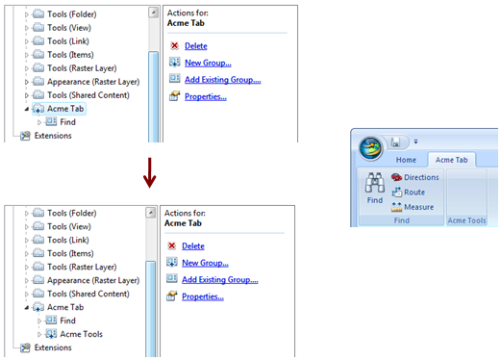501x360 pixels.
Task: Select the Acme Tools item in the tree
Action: pyautogui.click(x=82, y=334)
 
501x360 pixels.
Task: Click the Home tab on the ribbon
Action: pyautogui.click(x=406, y=160)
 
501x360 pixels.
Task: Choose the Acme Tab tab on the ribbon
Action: pyautogui.click(x=451, y=160)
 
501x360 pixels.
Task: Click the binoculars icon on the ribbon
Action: pyautogui.click(x=374, y=183)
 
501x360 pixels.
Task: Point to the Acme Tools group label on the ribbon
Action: pyautogui.click(x=467, y=220)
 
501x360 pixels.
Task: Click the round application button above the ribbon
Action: pyautogui.click(x=370, y=147)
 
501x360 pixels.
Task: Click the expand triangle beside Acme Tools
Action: pyautogui.click(x=38, y=334)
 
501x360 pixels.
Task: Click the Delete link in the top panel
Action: pyautogui.click(x=195, y=45)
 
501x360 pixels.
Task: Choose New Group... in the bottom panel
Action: pyautogui.click(x=205, y=263)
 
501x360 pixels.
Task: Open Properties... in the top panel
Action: pyautogui.click(x=206, y=97)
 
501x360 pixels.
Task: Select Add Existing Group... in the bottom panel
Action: pyautogui.click(x=219, y=280)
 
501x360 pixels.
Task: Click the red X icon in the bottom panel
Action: pyautogui.click(x=171, y=245)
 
